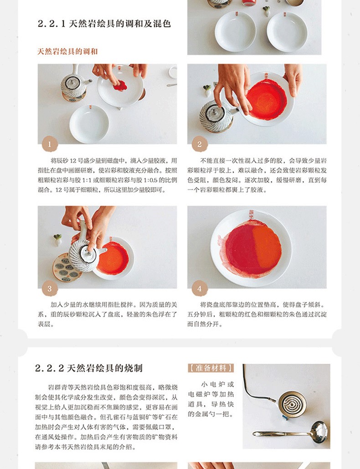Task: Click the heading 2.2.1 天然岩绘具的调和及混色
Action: [104, 24]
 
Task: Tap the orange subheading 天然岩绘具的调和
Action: [67, 51]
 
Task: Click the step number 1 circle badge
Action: [50, 144]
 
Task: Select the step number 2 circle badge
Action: [200, 144]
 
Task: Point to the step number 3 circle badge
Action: [50, 288]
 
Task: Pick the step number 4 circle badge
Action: [200, 288]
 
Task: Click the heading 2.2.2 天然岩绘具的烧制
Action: [88, 368]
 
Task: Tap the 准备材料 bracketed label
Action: [211, 368]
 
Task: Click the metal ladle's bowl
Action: [319, 431]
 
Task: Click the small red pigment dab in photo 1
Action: [120, 86]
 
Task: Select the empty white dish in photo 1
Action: [89, 124]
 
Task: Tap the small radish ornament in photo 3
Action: [57, 240]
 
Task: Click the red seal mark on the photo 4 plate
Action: [252, 215]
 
